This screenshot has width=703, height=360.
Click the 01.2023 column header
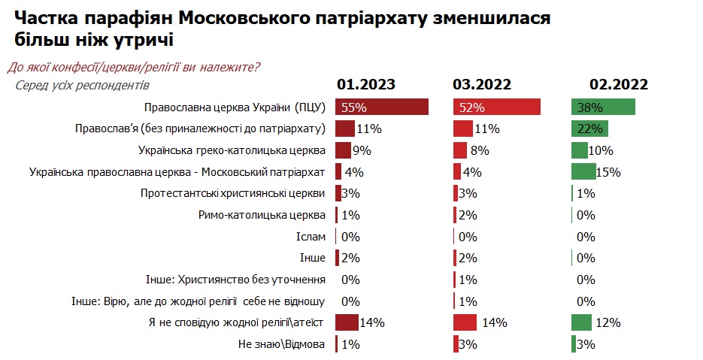click(365, 84)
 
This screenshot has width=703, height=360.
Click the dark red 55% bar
click(382, 107)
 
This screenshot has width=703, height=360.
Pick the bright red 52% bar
click(497, 107)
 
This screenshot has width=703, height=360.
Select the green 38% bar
click(603, 107)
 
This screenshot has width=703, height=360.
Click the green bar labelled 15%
click(583, 171)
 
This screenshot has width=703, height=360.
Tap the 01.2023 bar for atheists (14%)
click(347, 322)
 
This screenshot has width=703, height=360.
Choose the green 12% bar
click(581, 322)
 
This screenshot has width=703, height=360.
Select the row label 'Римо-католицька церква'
click(262, 215)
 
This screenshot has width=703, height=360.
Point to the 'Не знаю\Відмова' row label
click(280, 345)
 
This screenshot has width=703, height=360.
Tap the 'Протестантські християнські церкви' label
click(233, 193)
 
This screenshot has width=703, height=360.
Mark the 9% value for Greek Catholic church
click(362, 150)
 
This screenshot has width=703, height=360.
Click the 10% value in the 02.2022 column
click(601, 150)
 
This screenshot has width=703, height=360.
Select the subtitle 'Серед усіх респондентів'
click(83, 84)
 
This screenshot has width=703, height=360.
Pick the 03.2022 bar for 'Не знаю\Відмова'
click(456, 344)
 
